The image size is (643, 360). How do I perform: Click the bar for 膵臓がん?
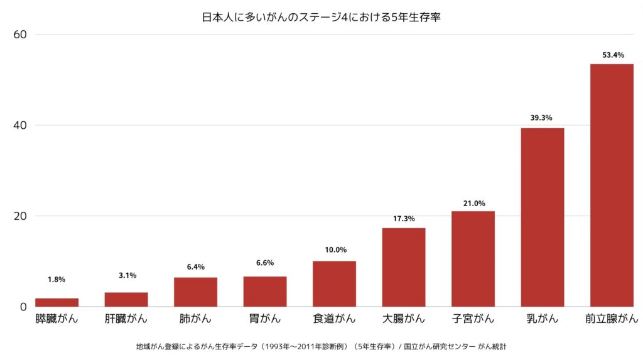57,302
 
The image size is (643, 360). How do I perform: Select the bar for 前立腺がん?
612,185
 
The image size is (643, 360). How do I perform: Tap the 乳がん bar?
543,217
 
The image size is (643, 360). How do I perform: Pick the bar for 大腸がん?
404,267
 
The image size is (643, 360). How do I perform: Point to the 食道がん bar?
334,283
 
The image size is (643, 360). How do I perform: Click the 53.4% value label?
613,55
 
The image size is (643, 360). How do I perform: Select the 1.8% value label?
57,280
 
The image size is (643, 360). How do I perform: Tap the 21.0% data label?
474,203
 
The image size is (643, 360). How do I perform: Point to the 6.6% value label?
265,263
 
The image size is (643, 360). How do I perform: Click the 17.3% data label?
404,219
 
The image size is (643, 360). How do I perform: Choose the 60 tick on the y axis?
20,35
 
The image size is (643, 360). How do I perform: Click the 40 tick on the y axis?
20,125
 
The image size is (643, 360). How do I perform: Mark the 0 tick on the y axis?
23,307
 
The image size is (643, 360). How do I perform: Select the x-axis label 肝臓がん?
126,319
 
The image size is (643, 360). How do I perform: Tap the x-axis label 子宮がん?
473,319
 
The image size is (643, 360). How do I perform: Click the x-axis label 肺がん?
195,319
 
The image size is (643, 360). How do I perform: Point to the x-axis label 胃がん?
265,319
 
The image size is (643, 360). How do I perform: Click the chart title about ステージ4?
321,18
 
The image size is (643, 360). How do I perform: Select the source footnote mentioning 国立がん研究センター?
321,346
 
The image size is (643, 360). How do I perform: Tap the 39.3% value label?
543,117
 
